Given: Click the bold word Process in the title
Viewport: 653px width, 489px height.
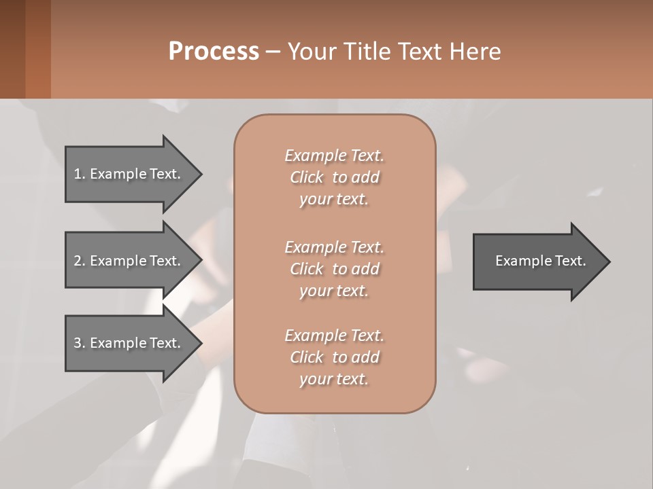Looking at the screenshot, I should point(214,52).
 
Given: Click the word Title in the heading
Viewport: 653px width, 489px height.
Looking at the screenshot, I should point(365,52).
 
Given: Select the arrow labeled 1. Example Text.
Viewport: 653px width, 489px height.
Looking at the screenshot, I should point(128,174).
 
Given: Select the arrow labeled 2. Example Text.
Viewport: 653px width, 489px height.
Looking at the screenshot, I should point(128,261).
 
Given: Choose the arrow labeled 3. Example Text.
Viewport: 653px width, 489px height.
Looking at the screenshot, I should point(128,343).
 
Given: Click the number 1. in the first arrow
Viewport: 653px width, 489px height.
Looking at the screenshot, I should point(80,174).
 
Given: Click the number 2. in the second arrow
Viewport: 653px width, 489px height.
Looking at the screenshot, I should point(80,261).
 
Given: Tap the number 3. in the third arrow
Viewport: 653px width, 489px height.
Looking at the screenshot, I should point(80,343).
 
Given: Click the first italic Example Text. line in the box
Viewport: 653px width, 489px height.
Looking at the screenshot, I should point(334,156).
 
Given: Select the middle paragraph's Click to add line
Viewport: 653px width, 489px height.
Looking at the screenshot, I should point(334,269).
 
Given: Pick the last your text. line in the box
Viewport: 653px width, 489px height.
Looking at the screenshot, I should point(334,379).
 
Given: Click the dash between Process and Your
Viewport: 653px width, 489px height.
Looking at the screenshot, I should point(273,52).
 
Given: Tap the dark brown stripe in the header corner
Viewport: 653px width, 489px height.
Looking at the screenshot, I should point(12,49).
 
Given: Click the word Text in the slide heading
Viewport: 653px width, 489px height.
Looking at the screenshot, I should point(418,52).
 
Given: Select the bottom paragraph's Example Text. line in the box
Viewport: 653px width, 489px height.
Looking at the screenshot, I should point(334,336).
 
